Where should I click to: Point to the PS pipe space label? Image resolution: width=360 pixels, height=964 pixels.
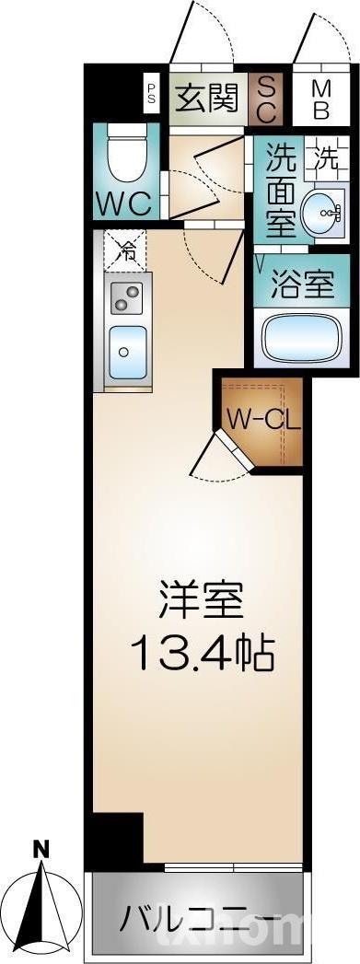[x=151, y=94]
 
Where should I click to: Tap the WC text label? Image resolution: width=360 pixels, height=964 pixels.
[x=124, y=203]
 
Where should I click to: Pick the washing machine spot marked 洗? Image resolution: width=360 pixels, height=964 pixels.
[x=328, y=156]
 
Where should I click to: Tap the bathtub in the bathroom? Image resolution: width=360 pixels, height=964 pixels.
[x=303, y=339]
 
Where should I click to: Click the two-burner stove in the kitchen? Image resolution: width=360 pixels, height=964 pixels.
[x=126, y=296]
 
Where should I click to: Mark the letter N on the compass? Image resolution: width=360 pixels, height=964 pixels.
[x=41, y=849]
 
